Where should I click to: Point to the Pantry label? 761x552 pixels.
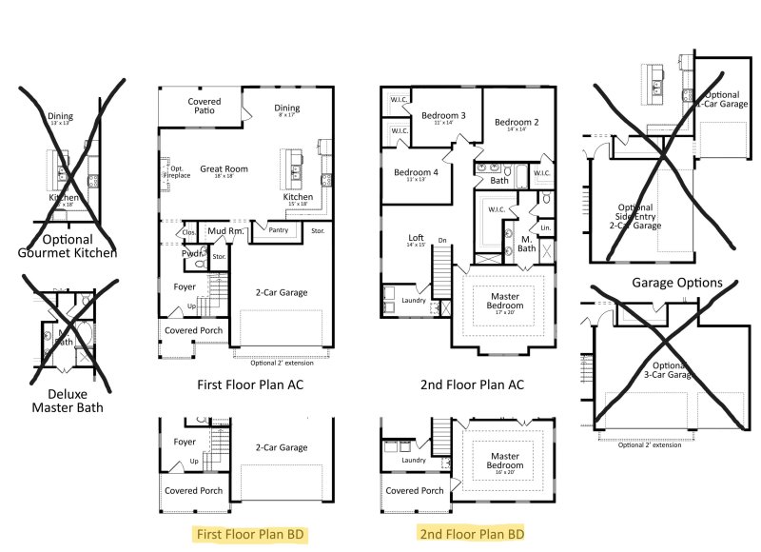coord(278,229)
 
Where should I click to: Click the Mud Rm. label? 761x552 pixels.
coord(224,230)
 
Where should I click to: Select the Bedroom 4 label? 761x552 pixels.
coord(416,175)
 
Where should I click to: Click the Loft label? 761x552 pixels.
coord(416,241)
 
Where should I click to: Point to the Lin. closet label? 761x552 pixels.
coord(545,228)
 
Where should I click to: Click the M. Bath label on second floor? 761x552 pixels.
coord(526,244)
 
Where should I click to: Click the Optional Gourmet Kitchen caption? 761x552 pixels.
coord(68,246)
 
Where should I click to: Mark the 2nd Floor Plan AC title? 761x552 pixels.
coord(472,384)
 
